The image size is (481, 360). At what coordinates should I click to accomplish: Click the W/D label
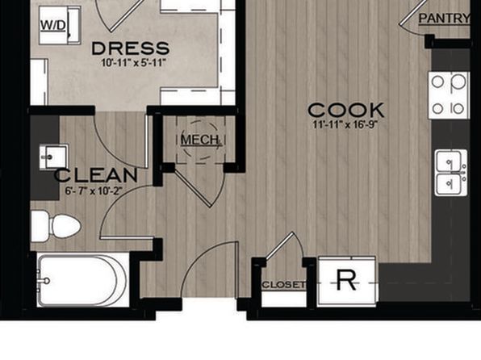pyautogui.click(x=52, y=25)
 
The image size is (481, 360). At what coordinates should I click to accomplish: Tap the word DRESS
pyautogui.click(x=131, y=48)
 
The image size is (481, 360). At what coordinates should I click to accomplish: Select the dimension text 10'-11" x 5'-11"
pyautogui.click(x=133, y=63)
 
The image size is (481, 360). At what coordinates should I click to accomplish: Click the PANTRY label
pyautogui.click(x=444, y=18)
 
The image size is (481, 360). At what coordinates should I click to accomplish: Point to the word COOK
pyautogui.click(x=346, y=110)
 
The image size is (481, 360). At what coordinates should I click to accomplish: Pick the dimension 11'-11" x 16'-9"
pyautogui.click(x=345, y=125)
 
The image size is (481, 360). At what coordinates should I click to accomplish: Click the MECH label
pyautogui.click(x=200, y=140)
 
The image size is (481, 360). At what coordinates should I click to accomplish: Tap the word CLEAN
pyautogui.click(x=96, y=175)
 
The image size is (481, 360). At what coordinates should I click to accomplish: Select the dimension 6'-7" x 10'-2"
pyautogui.click(x=94, y=190)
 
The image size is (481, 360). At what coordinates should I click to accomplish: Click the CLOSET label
pyautogui.click(x=284, y=285)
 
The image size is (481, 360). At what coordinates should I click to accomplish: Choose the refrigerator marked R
pyautogui.click(x=347, y=281)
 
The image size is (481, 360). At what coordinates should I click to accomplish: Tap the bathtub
pyautogui.click(x=82, y=281)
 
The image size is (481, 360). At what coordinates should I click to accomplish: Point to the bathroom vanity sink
pyautogui.click(x=53, y=157)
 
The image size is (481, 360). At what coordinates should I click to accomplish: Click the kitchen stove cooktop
pyautogui.click(x=449, y=95)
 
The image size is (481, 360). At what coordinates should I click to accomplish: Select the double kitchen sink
pyautogui.click(x=450, y=173)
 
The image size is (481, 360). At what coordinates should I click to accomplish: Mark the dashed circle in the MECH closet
pyautogui.click(x=201, y=140)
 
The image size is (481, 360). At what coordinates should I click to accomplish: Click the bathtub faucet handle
pyautogui.click(x=46, y=281)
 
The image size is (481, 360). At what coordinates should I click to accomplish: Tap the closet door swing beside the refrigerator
pyautogui.click(x=285, y=245)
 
